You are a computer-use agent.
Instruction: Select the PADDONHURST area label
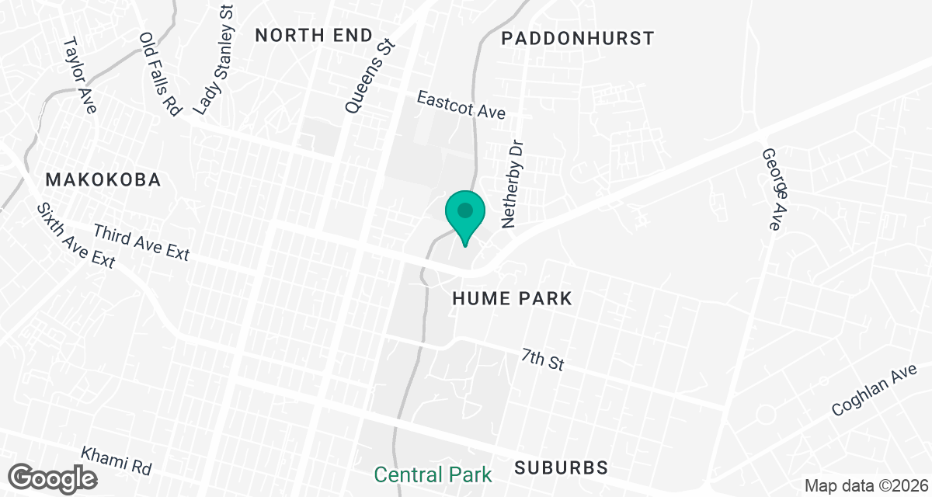(x=578, y=38)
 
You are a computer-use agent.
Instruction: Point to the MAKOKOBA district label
(x=103, y=180)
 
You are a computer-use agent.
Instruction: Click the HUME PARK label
(x=513, y=298)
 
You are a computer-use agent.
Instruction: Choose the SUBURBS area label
(x=561, y=467)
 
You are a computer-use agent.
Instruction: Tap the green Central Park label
(x=433, y=474)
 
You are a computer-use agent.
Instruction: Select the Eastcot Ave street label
(x=461, y=105)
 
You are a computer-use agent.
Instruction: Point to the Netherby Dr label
(x=514, y=184)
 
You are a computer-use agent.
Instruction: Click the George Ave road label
(x=770, y=189)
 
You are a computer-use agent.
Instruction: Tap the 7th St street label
(x=542, y=360)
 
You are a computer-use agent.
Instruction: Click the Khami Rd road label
(x=116, y=461)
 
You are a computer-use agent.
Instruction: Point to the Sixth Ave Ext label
(x=75, y=236)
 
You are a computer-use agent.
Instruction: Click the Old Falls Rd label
(x=159, y=74)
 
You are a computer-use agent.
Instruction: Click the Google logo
(x=54, y=477)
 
